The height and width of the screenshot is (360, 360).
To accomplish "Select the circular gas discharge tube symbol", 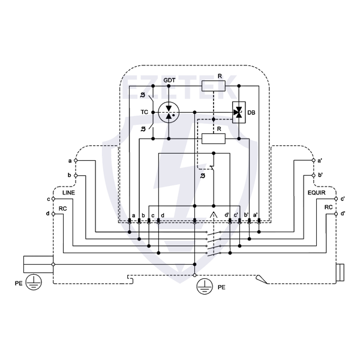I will coord(169,112).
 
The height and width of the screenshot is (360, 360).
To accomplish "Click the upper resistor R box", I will coord(214,85).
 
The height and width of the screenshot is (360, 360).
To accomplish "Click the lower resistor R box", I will coord(214,139).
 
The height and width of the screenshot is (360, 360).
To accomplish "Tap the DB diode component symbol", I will coord(239,112).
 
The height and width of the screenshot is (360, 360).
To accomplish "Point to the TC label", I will coord(145,112).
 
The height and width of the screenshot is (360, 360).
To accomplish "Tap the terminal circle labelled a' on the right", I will coord(314,161).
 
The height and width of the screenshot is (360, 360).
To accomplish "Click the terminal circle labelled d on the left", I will coord(53,214).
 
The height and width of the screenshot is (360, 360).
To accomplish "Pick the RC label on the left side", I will coord(62,208).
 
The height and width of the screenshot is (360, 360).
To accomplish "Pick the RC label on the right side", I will coord(328,208).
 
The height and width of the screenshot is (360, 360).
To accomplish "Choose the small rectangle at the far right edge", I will coord(340,273).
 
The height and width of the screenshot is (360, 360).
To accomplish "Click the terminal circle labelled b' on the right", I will coord(314,175).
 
